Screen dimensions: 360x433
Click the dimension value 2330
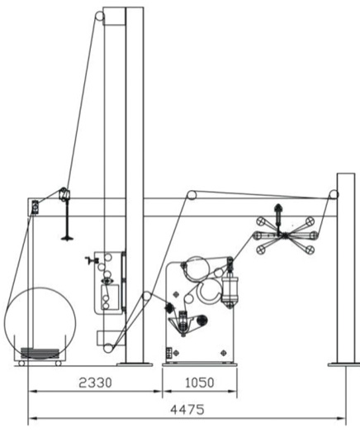pyautogui.click(x=96, y=383)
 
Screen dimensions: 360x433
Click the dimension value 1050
pyautogui.click(x=200, y=383)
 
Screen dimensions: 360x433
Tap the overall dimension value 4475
pyautogui.click(x=187, y=410)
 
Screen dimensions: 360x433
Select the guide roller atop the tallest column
pyautogui.click(x=100, y=16)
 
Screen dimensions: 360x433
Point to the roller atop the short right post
pyautogui.click(x=334, y=194)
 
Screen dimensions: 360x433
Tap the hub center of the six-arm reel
pyautogui.click(x=284, y=236)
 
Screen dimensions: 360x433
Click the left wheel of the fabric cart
pyautogui.click(x=21, y=364)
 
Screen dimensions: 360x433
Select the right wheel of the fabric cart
pyautogui.click(x=58, y=364)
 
